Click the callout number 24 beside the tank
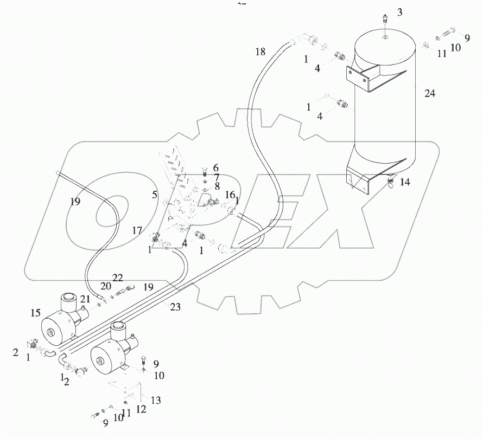coord(430,94)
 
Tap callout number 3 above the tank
coord(399,12)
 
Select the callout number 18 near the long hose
coord(260,52)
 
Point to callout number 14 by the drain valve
coord(405,183)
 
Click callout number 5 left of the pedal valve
coord(155,194)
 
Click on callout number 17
coord(138,230)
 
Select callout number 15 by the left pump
coord(36,312)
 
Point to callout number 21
coord(85,299)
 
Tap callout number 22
coord(118,277)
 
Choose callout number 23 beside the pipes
coord(175,307)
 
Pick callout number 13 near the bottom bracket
coord(156,401)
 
